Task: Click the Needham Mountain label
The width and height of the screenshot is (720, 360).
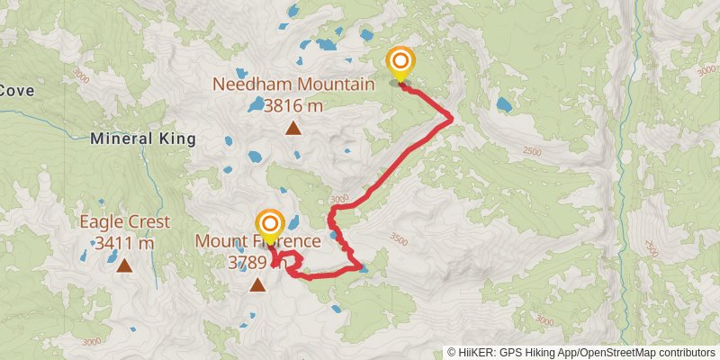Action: point(292,85)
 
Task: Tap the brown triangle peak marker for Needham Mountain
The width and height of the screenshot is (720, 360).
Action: point(292,128)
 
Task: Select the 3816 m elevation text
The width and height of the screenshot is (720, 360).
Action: point(292,105)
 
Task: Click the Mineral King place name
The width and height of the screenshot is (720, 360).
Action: point(143,139)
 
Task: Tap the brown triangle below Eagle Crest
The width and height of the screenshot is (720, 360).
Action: point(123,265)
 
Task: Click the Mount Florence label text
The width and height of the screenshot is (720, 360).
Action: point(257,241)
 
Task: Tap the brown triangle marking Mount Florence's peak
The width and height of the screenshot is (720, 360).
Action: point(257,285)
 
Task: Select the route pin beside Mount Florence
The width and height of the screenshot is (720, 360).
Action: point(270,225)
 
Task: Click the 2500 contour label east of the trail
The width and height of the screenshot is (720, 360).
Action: point(531,152)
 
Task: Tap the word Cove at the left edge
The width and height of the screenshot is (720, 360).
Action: point(16,90)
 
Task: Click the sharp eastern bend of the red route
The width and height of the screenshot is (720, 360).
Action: point(450,117)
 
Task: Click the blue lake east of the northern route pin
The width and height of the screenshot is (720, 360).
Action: point(504,105)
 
